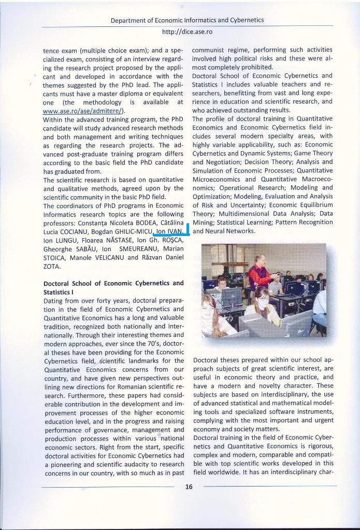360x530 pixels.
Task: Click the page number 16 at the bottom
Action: pyautogui.click(x=189, y=487)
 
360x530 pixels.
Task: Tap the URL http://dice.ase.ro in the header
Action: pyautogui.click(x=187, y=32)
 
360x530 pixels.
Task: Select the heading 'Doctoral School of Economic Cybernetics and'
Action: pyautogui.click(x=113, y=283)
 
